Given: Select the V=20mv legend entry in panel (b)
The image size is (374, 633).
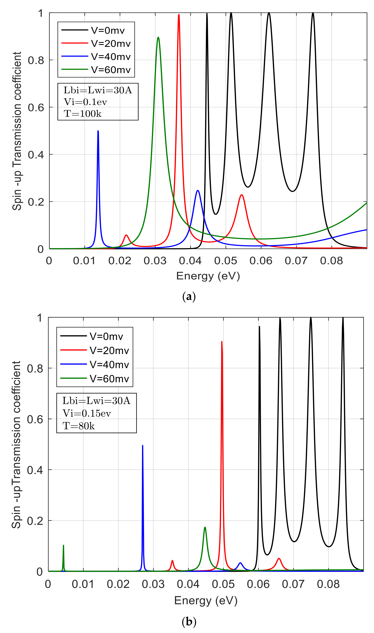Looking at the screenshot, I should pyautogui.click(x=109, y=350).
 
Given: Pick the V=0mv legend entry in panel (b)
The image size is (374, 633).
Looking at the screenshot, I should pyautogui.click(x=106, y=336).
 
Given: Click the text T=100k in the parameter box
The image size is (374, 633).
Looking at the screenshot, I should pyautogui.click(x=83, y=114).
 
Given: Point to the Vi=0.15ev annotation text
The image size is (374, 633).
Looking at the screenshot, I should pyautogui.click(x=87, y=413).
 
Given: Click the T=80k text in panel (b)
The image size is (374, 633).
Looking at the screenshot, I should pyautogui.click(x=79, y=426).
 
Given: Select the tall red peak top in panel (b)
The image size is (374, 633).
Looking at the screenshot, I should pyautogui.click(x=222, y=342).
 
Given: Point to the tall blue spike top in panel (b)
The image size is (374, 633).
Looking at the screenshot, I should pyautogui.click(x=143, y=446).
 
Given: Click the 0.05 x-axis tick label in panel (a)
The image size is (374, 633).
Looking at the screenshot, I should pyautogui.click(x=226, y=261).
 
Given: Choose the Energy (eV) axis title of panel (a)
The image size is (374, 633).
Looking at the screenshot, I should pyautogui.click(x=208, y=276).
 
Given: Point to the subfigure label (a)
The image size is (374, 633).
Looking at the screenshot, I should pyautogui.click(x=189, y=297).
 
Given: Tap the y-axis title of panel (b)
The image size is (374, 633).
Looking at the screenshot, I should pyautogui.click(x=16, y=444).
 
